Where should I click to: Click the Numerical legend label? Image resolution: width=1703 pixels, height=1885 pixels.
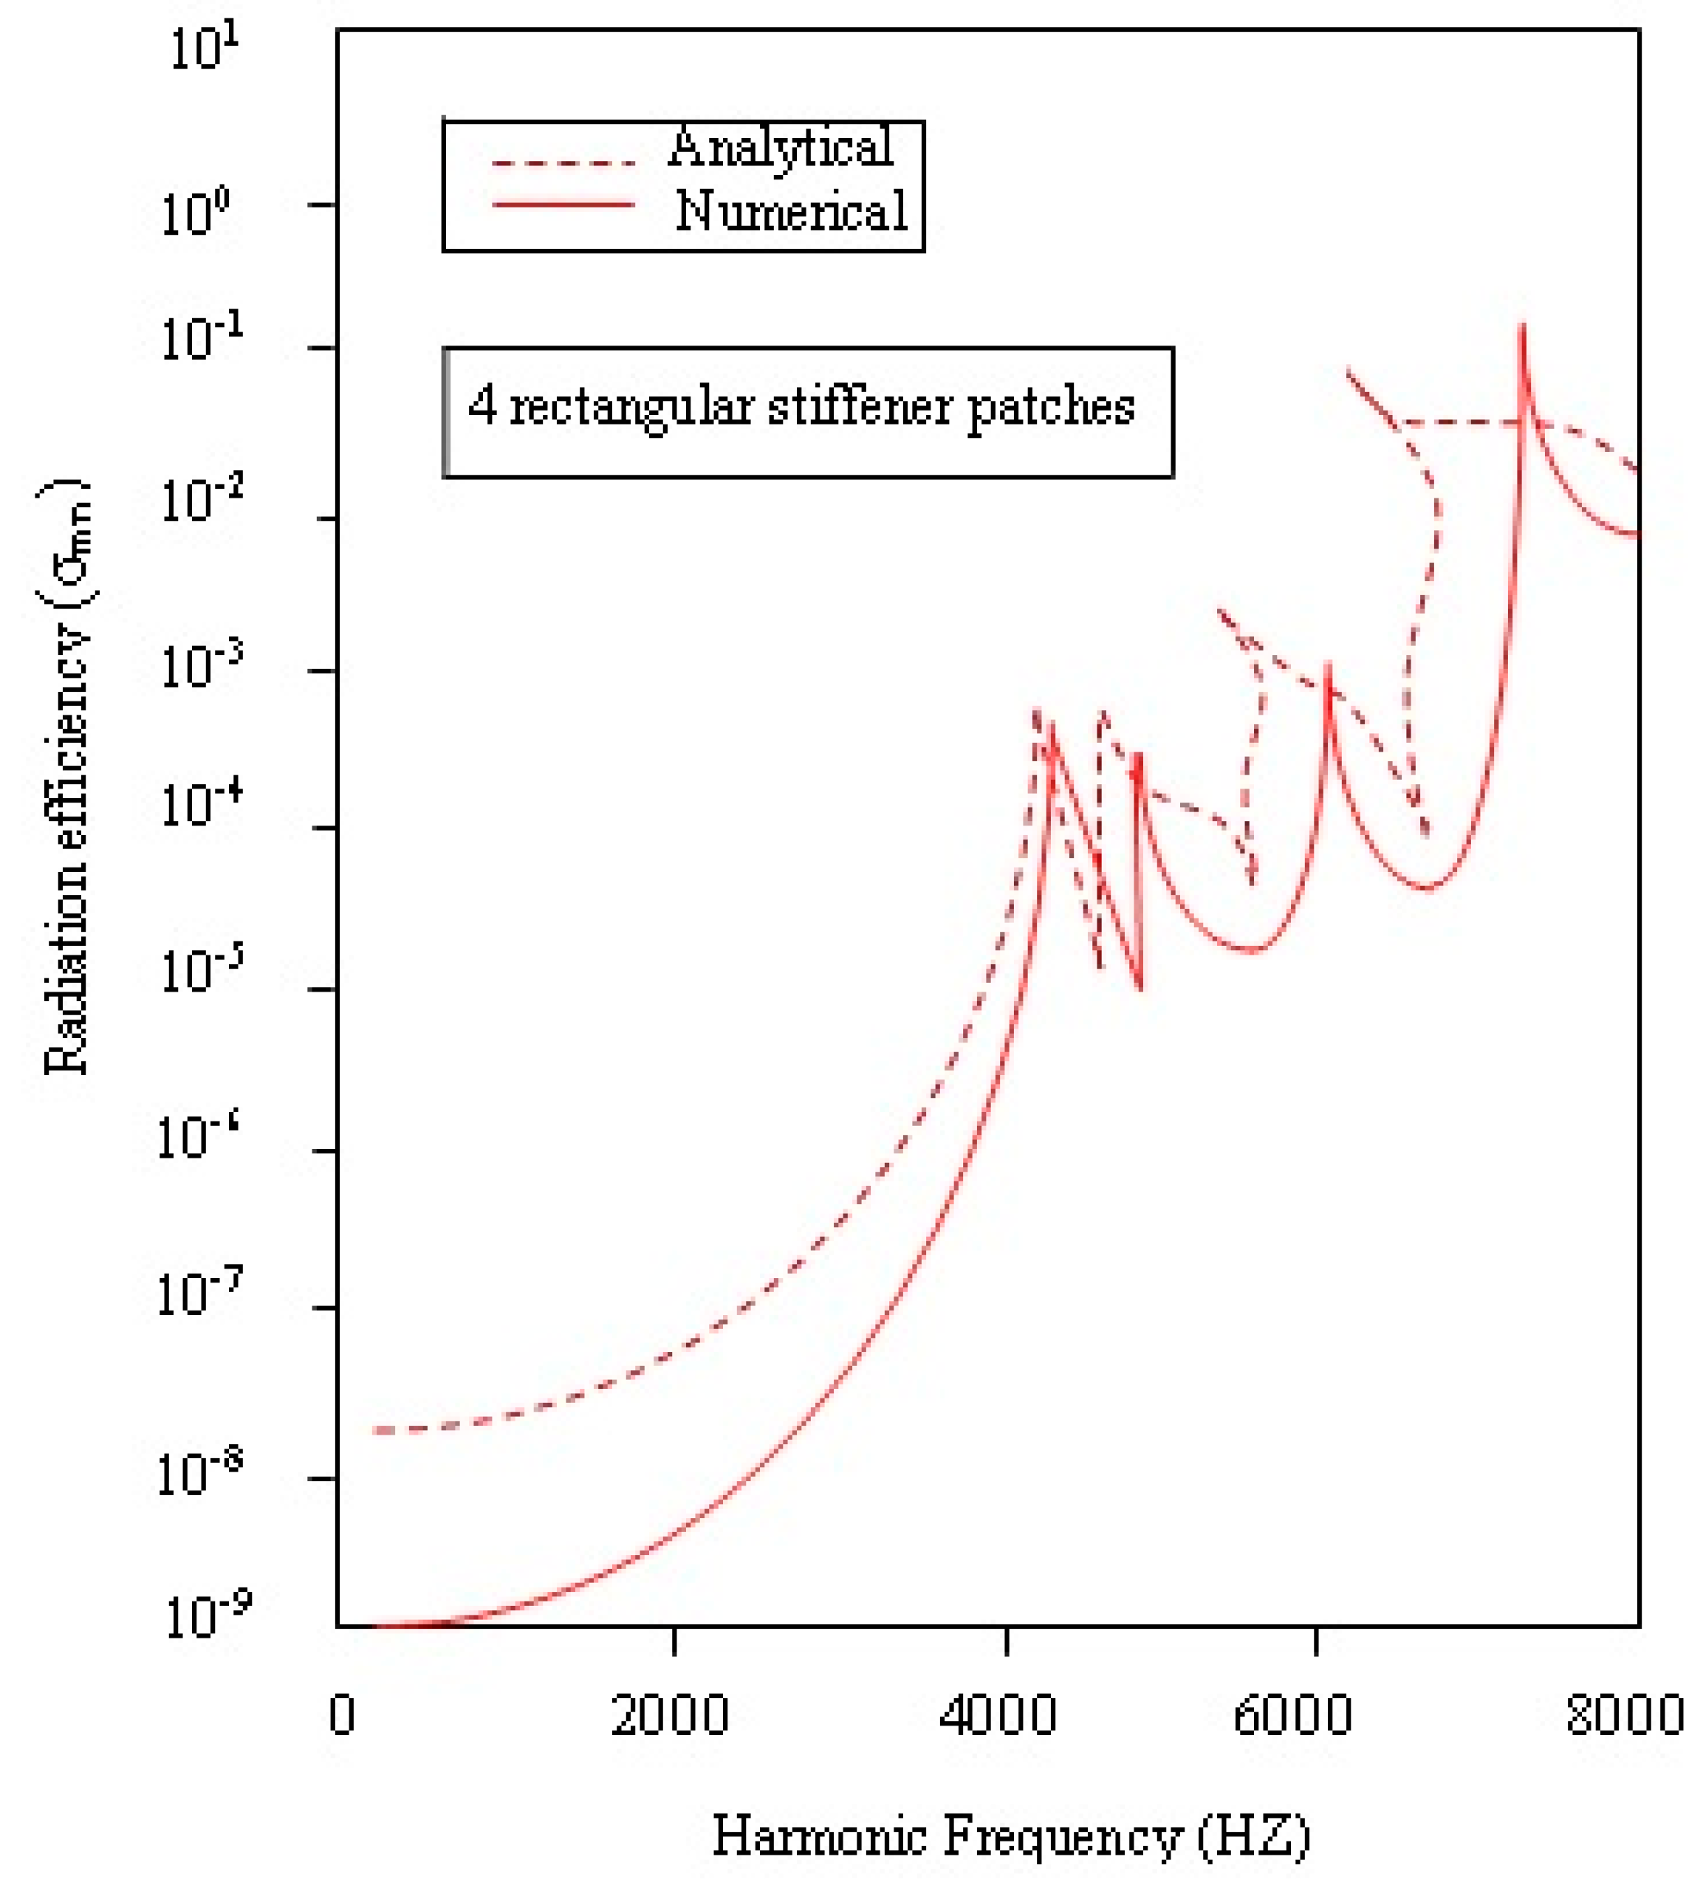tap(791, 211)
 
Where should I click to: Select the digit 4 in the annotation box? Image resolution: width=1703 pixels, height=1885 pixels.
tap(482, 407)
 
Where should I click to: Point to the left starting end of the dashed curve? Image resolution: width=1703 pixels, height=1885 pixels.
tap(374, 1431)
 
